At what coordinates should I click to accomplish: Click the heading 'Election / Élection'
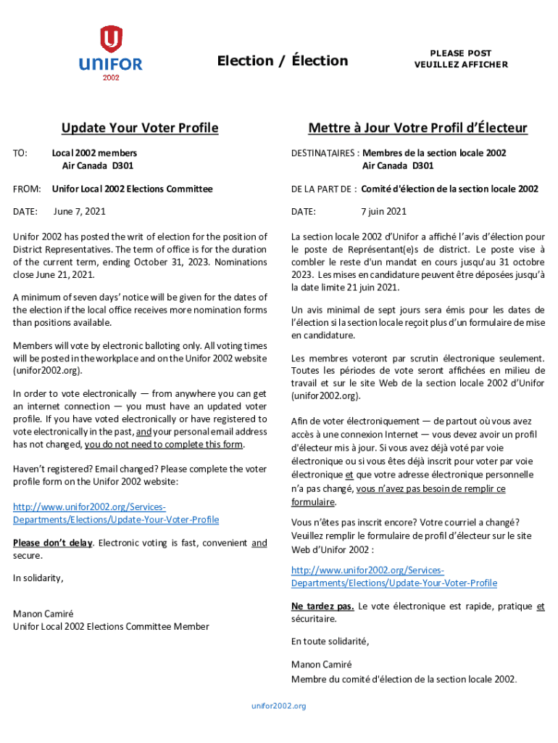283,61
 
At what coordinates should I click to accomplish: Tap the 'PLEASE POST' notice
461,53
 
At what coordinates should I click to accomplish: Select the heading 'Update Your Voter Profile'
140,128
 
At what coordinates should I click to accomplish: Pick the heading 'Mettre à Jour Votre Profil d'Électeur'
417,128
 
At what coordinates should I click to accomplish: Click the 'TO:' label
20,153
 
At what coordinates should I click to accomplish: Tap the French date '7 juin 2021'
383,211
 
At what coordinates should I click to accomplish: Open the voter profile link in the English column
116,514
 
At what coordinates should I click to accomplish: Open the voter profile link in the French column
394,577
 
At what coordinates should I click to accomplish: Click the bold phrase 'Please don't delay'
53,543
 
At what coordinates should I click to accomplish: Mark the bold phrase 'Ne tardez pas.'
322,606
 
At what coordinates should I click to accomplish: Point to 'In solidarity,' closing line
38,578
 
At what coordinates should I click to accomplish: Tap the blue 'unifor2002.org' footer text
279,706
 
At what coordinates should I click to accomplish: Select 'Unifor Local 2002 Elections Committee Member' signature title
111,626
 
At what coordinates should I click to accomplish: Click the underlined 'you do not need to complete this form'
165,445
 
